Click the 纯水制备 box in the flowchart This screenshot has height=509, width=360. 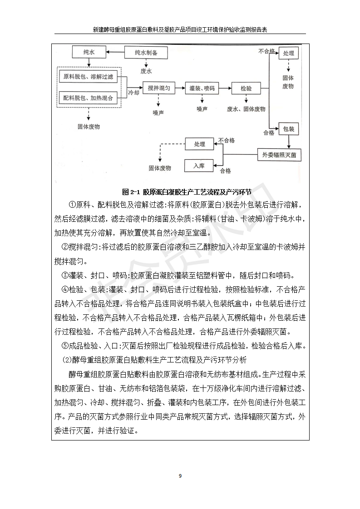click(x=146, y=53)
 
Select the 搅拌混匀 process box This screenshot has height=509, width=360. click(x=158, y=88)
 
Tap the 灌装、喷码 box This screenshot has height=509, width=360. click(x=202, y=88)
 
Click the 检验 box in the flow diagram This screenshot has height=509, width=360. click(x=246, y=88)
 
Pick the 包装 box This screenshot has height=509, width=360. click(x=288, y=129)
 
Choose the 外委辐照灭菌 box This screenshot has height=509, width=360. click(x=279, y=155)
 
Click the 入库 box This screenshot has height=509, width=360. click(x=198, y=166)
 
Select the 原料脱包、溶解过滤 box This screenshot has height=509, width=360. click(x=88, y=77)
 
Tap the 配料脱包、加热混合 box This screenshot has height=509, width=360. click(x=88, y=98)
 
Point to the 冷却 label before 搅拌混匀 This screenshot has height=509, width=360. click(x=133, y=93)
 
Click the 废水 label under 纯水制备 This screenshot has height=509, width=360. click(x=146, y=71)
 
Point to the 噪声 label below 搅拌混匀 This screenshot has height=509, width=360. click(x=158, y=112)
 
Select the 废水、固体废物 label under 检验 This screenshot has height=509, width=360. click(x=246, y=109)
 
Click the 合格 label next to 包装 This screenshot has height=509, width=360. click(x=268, y=133)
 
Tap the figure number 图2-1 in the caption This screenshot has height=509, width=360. click(x=131, y=191)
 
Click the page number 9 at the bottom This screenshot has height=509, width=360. click(x=180, y=475)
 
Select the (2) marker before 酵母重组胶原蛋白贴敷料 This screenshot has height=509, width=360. click(x=66, y=360)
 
